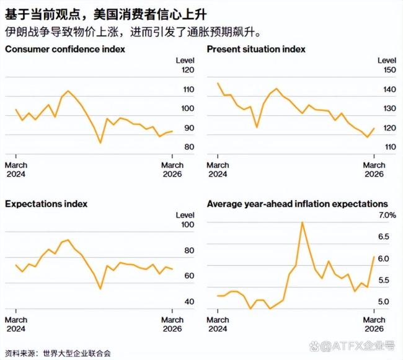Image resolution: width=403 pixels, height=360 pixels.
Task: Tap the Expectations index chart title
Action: coord(46,203)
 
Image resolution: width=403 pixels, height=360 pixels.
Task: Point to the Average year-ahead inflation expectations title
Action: coord(297,203)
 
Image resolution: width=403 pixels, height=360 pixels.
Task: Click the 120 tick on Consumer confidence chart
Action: coord(187,71)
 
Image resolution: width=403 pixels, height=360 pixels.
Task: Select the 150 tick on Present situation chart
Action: coord(389,71)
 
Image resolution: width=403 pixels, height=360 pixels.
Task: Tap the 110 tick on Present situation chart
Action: coord(389,147)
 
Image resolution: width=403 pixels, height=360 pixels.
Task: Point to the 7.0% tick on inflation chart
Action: coord(387,215)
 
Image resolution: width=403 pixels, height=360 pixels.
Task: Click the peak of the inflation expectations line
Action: coord(302,222)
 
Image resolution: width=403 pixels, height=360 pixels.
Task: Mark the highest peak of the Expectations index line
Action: coord(68,240)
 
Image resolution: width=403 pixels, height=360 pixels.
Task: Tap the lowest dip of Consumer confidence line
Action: coord(100,143)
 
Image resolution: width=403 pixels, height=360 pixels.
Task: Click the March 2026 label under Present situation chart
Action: coord(374,169)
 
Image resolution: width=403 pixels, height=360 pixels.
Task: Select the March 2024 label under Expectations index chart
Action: coord(16,324)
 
